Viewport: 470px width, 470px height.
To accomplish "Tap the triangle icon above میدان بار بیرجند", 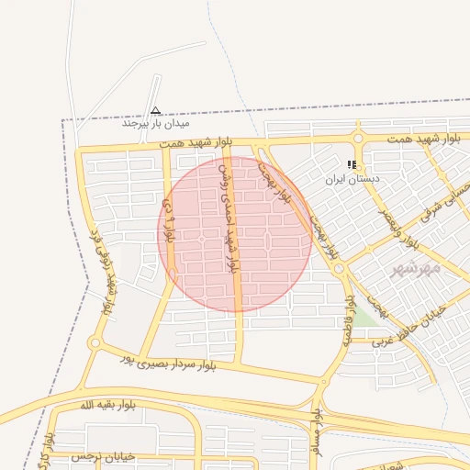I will (156, 110).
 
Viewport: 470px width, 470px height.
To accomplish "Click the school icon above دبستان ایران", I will (352, 165).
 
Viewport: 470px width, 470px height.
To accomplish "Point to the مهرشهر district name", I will (415, 268).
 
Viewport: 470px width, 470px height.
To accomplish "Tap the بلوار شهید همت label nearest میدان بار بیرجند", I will (196, 144).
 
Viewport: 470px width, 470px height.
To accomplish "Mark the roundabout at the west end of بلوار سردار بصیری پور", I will (95, 344).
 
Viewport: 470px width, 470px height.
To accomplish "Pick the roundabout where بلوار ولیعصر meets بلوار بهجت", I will (340, 268).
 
